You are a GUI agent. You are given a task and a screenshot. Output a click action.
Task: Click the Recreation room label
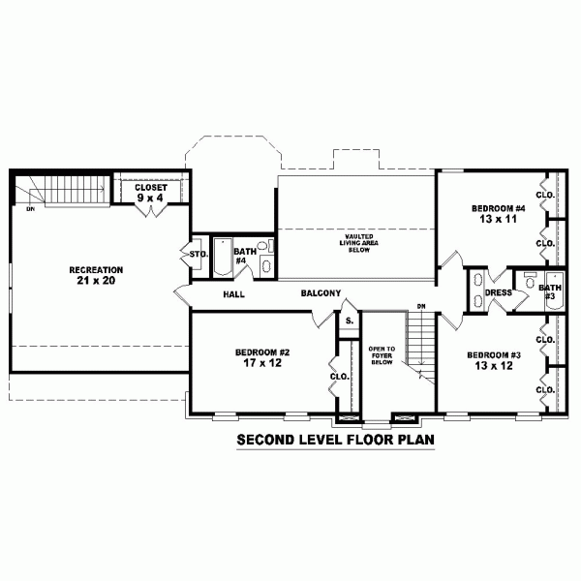point(96,270)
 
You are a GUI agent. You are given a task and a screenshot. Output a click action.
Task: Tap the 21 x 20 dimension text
point(96,281)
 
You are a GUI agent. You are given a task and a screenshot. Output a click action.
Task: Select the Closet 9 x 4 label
point(150,193)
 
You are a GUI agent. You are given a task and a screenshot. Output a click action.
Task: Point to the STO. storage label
point(199,255)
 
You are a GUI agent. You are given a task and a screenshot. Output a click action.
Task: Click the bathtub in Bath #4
point(223,257)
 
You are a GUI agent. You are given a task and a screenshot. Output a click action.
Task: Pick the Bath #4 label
point(245,256)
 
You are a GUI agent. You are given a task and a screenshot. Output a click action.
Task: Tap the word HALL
point(233,294)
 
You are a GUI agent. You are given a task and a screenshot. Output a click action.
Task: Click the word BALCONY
point(321,293)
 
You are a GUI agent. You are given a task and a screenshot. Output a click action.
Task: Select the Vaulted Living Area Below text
point(359,243)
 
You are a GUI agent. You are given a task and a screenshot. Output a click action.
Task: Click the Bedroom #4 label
point(499,208)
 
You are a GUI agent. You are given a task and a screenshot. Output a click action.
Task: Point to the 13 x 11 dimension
point(499,219)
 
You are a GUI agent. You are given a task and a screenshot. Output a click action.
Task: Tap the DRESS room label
point(499,292)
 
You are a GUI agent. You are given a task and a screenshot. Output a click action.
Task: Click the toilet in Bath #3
point(531,281)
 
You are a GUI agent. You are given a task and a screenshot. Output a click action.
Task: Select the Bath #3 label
point(550,291)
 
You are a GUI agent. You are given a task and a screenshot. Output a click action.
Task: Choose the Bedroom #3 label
point(494,355)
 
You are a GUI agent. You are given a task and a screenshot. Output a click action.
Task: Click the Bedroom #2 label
point(262,352)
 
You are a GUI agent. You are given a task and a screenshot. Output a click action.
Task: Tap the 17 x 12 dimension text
point(262,363)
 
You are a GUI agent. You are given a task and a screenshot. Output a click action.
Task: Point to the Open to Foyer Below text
point(382,355)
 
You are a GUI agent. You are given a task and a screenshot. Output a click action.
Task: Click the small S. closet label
point(350,321)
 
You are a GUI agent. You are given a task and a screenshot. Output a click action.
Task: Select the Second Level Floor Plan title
point(335,440)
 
